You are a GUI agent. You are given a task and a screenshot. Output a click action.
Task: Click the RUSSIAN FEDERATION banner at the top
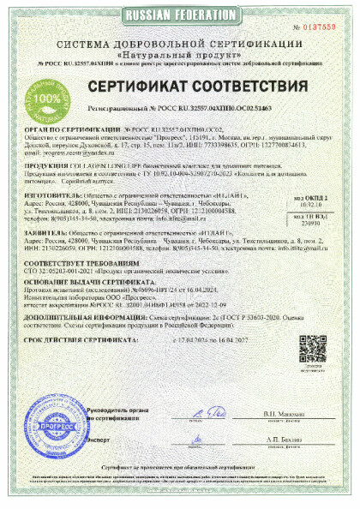coord(180,15)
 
